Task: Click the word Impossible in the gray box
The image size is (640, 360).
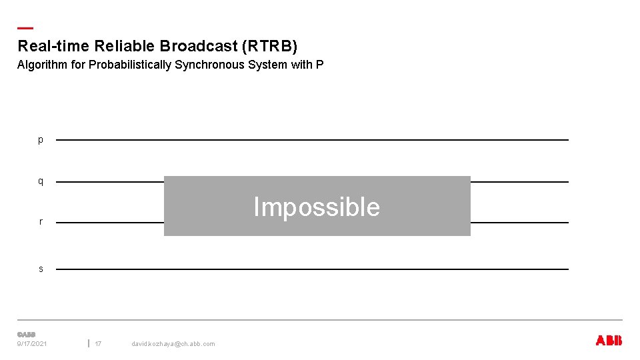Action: click(x=317, y=207)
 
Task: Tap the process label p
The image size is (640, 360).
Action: click(x=41, y=140)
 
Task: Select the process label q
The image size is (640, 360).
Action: click(x=41, y=181)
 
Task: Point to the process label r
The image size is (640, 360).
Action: click(x=41, y=222)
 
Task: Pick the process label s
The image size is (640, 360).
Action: click(x=41, y=269)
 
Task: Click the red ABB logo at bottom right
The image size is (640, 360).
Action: click(x=608, y=341)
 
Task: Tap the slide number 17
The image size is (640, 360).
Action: click(x=98, y=344)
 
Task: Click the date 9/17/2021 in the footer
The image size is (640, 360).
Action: click(x=32, y=344)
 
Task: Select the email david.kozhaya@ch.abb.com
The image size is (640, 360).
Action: click(x=173, y=344)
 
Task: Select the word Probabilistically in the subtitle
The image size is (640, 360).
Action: click(x=131, y=65)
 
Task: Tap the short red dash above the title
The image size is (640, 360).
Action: click(x=25, y=29)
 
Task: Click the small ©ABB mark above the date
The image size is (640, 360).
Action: click(x=26, y=334)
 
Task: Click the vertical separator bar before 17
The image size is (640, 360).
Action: click(x=89, y=343)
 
